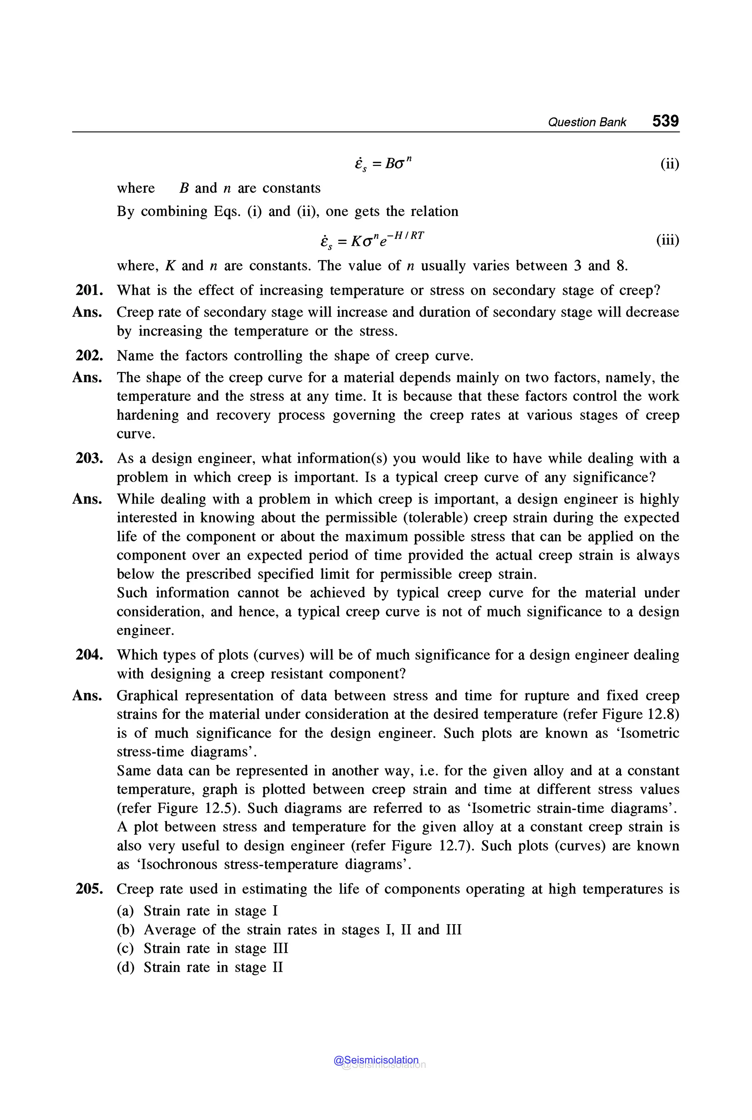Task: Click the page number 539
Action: pos(665,120)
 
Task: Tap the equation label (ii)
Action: pos(669,164)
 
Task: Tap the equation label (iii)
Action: pos(668,240)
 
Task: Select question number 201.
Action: pos(89,290)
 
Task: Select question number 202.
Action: pos(89,355)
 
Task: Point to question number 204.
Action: pos(89,655)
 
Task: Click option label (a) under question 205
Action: pos(126,911)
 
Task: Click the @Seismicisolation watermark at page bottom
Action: pos(376,1060)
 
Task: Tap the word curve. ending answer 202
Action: pos(136,434)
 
